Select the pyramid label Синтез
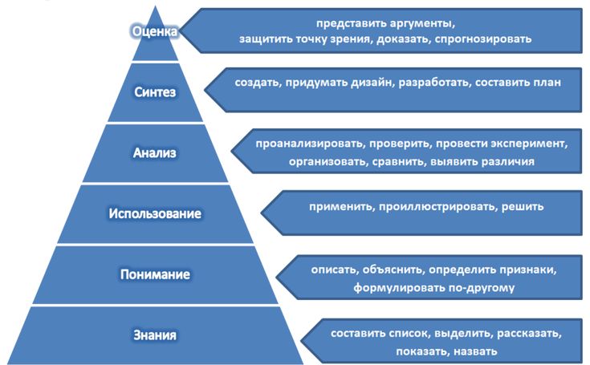coord(154,91)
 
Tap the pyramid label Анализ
coord(154,152)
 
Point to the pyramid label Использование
coord(155,213)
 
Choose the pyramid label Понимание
coord(155,274)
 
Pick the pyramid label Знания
coord(155,334)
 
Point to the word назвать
coord(473,351)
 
